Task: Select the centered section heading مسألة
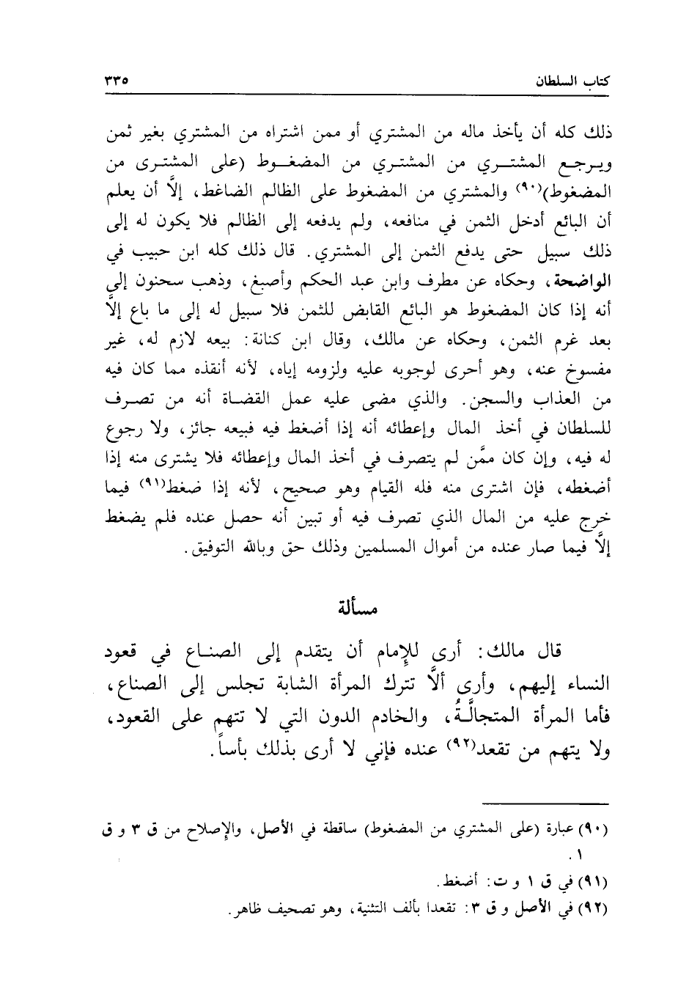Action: click(355, 606)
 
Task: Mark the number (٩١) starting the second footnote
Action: click(594, 879)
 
